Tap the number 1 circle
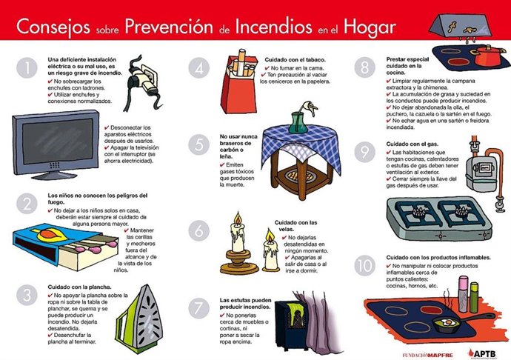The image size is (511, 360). [28, 68]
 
